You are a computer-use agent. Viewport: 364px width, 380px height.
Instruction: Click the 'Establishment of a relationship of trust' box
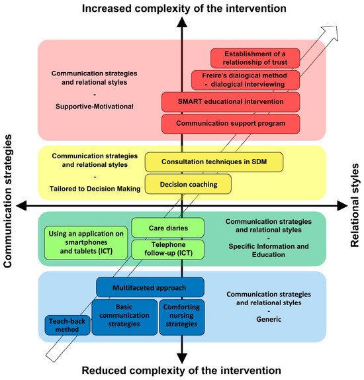(255, 58)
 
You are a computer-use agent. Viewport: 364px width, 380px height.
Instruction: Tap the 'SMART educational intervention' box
(231, 102)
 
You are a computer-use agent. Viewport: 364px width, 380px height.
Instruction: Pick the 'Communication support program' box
(231, 123)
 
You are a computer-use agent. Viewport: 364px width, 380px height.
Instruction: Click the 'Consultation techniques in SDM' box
(215, 161)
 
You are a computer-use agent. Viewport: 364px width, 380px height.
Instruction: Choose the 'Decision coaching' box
(188, 183)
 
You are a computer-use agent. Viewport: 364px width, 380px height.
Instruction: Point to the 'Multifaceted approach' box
(150, 287)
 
